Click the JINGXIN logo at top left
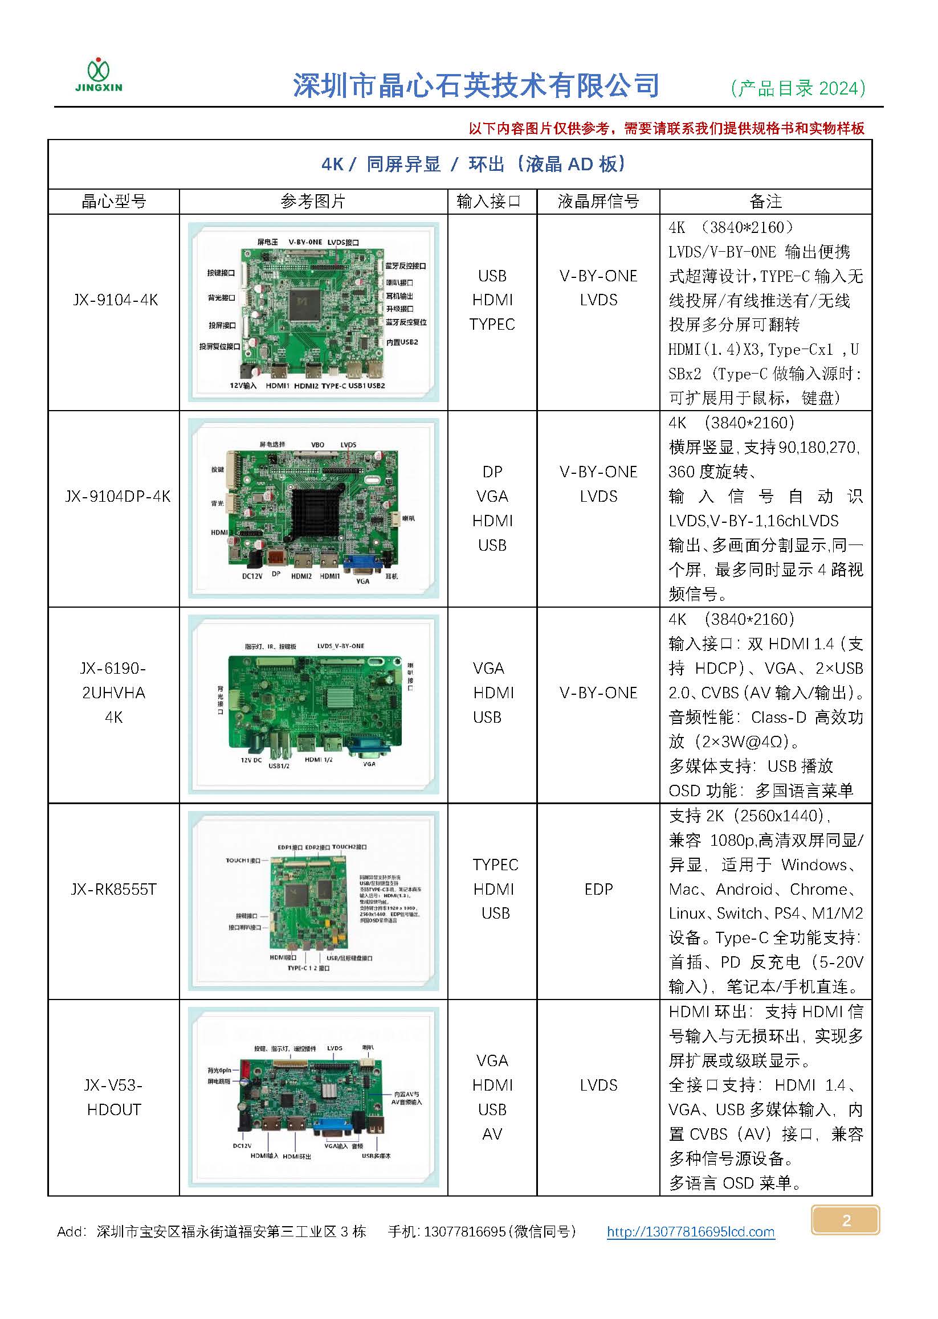click(99, 75)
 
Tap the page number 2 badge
click(846, 1220)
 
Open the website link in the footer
click(690, 1232)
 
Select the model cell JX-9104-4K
click(115, 300)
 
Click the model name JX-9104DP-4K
click(117, 497)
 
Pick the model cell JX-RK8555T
click(114, 889)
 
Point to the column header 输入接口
click(488, 202)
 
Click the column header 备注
click(765, 202)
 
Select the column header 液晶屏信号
click(598, 202)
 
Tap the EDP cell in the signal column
click(598, 889)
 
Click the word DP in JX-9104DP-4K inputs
click(492, 472)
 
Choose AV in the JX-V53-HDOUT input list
click(492, 1134)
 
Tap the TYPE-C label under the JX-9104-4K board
click(334, 386)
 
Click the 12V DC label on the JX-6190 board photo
click(251, 760)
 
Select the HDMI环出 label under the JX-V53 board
click(297, 1156)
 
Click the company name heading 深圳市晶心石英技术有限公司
click(476, 86)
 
